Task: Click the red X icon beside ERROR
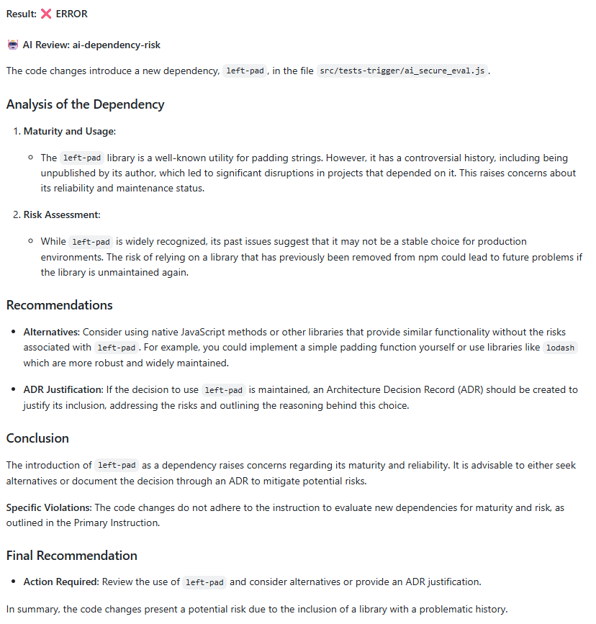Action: click(x=46, y=14)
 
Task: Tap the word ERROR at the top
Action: click(x=71, y=14)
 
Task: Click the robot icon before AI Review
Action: click(x=13, y=45)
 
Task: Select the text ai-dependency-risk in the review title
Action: click(x=117, y=45)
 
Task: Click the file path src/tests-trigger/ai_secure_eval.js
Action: click(x=402, y=71)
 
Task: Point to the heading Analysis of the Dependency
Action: click(x=85, y=104)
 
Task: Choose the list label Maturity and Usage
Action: click(x=69, y=131)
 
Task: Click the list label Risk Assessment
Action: click(x=61, y=214)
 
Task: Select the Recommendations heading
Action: click(x=59, y=304)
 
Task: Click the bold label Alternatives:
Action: click(x=52, y=332)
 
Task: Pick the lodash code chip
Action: click(x=560, y=348)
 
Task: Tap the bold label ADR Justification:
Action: click(x=63, y=389)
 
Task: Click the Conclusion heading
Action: click(x=37, y=438)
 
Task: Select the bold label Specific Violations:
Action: click(x=49, y=507)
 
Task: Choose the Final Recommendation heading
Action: click(x=71, y=555)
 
